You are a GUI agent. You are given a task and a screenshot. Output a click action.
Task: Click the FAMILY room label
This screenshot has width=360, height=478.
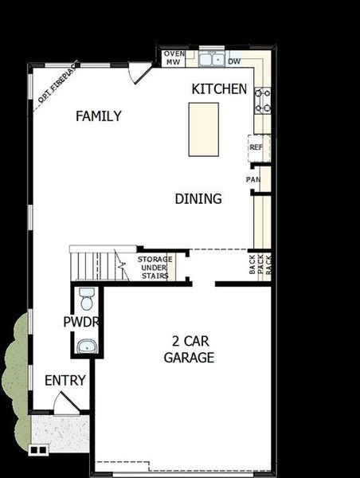point(99,116)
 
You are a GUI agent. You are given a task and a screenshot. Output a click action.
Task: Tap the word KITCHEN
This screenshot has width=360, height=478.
point(219,89)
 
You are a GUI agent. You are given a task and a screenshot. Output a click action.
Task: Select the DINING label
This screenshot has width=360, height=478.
point(198,198)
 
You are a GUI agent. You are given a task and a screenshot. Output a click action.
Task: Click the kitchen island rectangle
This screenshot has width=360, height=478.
point(204,130)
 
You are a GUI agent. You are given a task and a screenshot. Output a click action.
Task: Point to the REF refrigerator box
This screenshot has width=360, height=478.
point(259,148)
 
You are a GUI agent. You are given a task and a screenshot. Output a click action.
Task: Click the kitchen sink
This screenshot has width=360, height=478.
point(212,59)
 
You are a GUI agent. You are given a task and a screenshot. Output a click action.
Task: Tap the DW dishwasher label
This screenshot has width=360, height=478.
point(234,61)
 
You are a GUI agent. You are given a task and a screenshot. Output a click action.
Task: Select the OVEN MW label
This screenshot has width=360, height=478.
point(174,58)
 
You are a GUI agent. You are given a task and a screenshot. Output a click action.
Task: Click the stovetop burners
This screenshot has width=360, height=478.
point(263,100)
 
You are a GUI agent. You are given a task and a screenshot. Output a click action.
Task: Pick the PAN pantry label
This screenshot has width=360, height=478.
point(253,179)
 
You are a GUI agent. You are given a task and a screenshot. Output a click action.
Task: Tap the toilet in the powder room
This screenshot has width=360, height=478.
point(87,299)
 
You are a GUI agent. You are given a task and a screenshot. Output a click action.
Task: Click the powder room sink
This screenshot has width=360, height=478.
point(87,347)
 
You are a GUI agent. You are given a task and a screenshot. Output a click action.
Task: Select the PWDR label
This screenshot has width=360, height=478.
point(81,322)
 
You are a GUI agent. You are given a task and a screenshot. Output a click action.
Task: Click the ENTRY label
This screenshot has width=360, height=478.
point(65,381)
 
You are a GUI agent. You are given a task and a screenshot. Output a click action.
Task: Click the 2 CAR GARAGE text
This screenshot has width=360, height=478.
point(189,350)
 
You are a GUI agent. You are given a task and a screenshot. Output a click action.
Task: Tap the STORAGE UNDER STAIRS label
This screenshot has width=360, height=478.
point(155,268)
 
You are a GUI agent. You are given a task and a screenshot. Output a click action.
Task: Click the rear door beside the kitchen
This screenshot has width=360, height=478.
point(140,72)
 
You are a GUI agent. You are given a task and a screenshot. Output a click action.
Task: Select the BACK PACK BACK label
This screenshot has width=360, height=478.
point(260,264)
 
